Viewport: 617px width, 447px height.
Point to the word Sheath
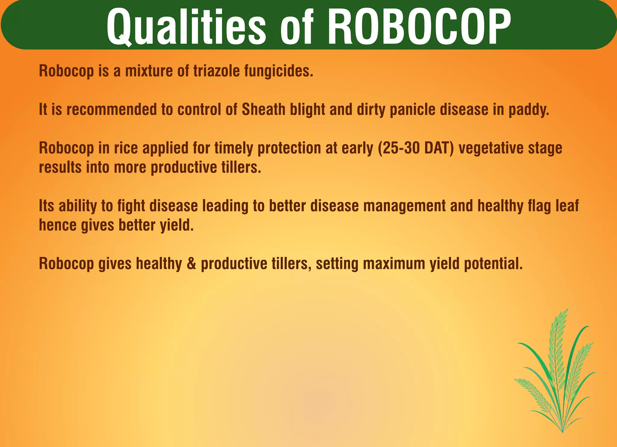point(263,109)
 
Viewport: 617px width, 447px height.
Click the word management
point(404,206)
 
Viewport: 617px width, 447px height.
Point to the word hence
point(58,225)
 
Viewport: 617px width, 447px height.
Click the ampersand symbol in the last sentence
point(191,264)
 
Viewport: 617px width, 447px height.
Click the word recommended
point(111,109)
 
